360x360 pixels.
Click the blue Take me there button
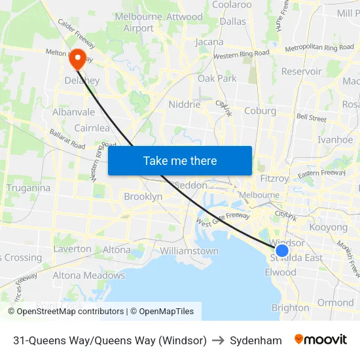180,160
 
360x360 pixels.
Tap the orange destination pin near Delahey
77,60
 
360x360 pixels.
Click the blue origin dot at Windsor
282,251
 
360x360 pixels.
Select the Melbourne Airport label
139,22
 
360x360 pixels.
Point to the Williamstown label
189,251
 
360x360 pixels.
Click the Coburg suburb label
260,111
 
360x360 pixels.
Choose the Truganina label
28,188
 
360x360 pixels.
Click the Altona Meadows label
88,276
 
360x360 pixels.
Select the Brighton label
290,308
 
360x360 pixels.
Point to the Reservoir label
301,71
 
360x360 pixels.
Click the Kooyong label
329,227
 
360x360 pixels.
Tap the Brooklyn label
143,196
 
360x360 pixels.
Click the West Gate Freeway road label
222,219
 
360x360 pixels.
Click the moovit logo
321,340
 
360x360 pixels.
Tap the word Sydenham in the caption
256,340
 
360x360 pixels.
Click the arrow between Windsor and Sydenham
218,340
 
